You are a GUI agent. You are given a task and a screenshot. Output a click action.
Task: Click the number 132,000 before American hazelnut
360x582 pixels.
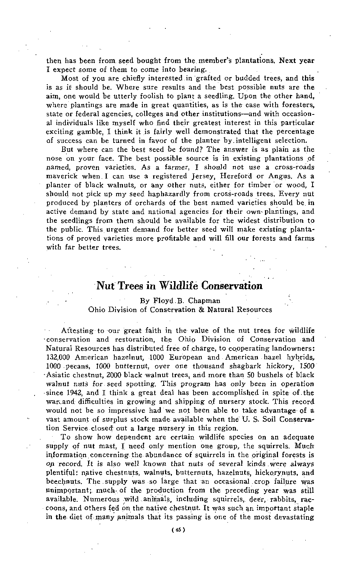[x=60, y=357]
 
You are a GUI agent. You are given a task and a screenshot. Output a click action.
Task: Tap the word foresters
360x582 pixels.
[x=297, y=105]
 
